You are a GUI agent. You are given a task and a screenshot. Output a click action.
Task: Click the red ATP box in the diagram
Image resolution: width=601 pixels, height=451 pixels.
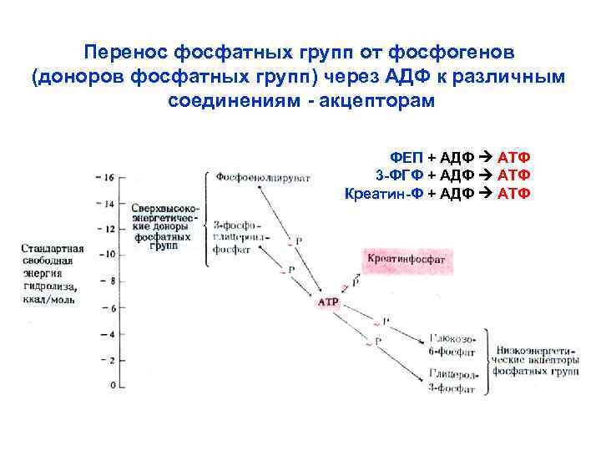tap(328, 302)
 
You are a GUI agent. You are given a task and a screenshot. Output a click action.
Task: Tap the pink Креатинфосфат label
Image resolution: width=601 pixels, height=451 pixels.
tap(407, 260)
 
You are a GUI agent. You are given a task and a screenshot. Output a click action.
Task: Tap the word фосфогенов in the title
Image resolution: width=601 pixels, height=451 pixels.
tap(457, 53)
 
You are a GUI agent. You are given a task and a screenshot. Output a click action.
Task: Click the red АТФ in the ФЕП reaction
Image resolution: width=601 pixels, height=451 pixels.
tap(514, 158)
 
